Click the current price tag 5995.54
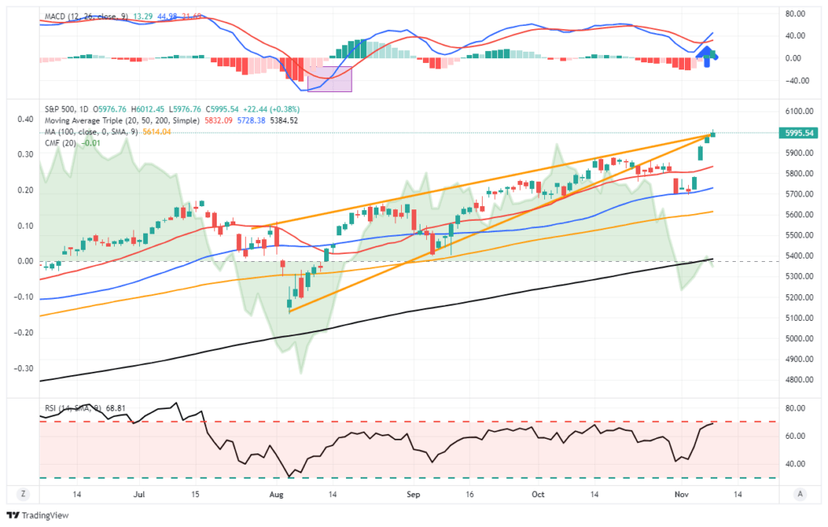click(798, 133)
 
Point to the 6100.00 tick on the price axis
click(796, 112)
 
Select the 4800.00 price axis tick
click(796, 380)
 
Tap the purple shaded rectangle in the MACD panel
click(330, 78)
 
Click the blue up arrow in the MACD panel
click(707, 56)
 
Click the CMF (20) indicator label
click(57, 143)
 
